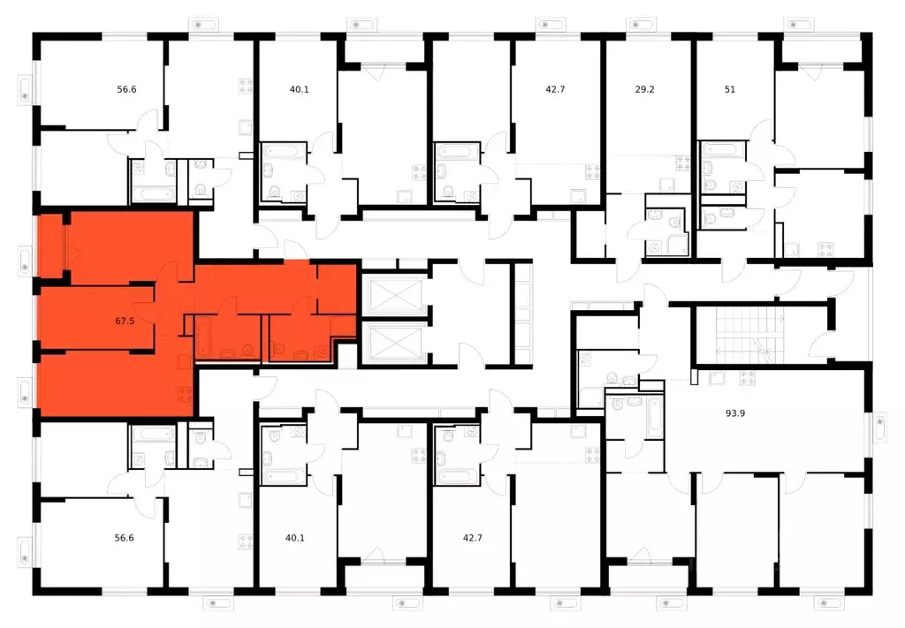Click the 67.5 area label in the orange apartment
[125, 322]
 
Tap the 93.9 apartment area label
[735, 412]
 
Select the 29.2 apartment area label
[644, 89]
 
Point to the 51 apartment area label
[729, 89]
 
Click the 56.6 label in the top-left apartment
[126, 89]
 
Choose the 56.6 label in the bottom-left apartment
[124, 537]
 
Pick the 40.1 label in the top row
[299, 89]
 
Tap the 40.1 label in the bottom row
[295, 537]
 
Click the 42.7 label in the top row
[555, 89]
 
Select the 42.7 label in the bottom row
[472, 537]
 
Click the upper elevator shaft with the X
[390, 296]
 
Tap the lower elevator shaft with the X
[390, 342]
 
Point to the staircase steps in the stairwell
[749, 335]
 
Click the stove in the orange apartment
[186, 395]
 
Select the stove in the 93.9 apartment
[748, 378]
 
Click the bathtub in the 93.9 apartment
[654, 416]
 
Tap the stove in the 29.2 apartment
[683, 163]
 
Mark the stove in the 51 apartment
[825, 249]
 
